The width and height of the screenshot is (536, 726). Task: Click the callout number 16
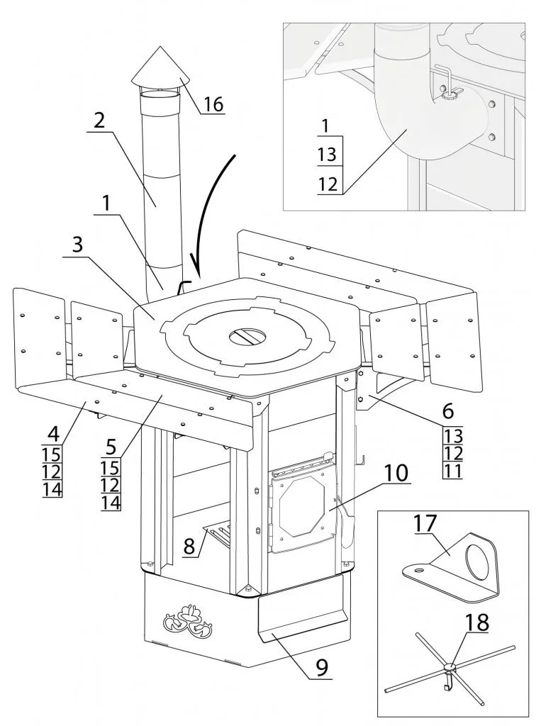tap(213, 104)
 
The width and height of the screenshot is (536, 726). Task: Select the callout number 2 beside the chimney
tap(99, 121)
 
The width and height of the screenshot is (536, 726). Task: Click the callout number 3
tap(77, 245)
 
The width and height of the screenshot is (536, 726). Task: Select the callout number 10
tap(395, 473)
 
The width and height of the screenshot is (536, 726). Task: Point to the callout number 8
tap(189, 547)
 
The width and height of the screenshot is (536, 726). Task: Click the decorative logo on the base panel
tap(189, 618)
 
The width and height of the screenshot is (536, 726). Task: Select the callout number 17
tap(425, 523)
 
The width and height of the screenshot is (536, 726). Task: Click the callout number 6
tap(447, 410)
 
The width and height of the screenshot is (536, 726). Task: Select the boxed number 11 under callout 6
tap(452, 471)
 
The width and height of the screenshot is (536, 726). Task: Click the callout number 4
tap(54, 435)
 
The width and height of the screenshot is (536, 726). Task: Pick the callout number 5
tap(112, 447)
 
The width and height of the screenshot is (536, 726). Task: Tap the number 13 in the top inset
tap(327, 154)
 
